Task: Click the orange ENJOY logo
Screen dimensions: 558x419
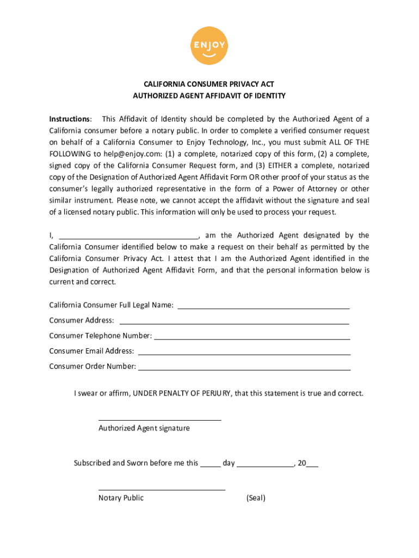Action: (209, 45)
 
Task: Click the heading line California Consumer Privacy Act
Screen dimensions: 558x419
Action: (209, 84)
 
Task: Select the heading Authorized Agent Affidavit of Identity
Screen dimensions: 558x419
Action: (209, 96)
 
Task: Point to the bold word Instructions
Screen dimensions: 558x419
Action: (70, 119)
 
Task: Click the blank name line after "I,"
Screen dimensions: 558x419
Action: (128, 236)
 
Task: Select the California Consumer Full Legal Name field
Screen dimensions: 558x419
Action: (263, 305)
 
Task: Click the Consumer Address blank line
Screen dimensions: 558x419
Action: (234, 320)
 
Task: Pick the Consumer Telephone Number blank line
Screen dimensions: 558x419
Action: (252, 336)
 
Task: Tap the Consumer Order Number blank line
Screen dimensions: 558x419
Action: (244, 366)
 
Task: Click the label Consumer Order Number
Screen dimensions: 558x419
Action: (93, 366)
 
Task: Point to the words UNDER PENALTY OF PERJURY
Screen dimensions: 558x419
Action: (183, 393)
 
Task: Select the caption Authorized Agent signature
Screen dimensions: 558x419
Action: (144, 428)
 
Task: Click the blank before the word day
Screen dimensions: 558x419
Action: (210, 464)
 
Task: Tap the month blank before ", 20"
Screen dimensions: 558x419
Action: (265, 464)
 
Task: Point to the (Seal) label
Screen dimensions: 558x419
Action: (256, 498)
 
